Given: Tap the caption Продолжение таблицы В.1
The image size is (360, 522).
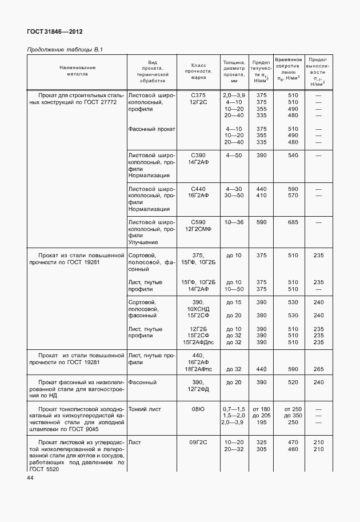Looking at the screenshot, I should click(x=65, y=50).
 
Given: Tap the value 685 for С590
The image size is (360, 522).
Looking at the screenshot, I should click(x=293, y=221).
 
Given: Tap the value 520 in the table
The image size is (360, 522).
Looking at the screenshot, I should click(x=293, y=382).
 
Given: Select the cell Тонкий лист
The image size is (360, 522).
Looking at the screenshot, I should click(x=145, y=409).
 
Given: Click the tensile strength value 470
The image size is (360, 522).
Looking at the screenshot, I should click(x=293, y=443).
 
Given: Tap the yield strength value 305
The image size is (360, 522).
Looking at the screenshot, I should click(x=262, y=449).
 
